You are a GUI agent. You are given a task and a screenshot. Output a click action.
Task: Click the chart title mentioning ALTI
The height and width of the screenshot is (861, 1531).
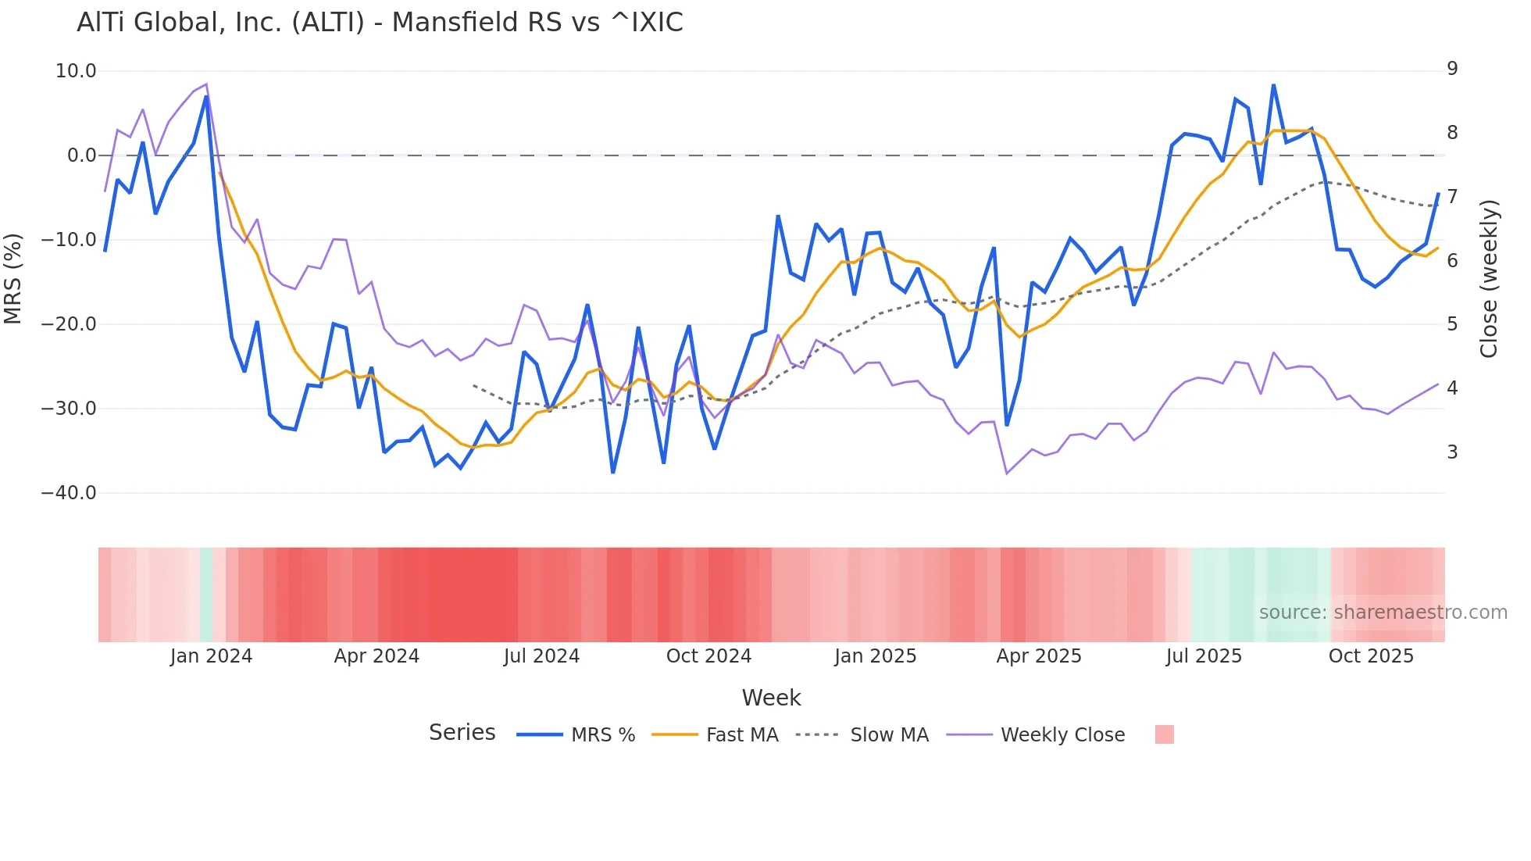pyautogui.click(x=380, y=23)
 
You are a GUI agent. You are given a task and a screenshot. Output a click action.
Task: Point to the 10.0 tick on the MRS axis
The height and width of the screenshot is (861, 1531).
pyautogui.click(x=76, y=71)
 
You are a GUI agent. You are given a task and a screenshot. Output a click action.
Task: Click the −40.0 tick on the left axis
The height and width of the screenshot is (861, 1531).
pyautogui.click(x=69, y=493)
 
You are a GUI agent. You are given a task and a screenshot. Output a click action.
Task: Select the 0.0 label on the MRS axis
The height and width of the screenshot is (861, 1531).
pyautogui.click(x=81, y=155)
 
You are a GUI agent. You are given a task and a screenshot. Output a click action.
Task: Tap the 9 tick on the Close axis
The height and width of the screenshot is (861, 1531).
pyautogui.click(x=1452, y=69)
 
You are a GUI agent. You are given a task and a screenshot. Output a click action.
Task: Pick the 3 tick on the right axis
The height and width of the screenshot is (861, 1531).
pyautogui.click(x=1452, y=452)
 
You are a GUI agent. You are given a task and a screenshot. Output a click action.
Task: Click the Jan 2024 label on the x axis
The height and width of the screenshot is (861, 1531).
pyautogui.click(x=211, y=656)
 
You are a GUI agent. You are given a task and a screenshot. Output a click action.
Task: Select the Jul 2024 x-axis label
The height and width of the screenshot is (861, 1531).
pyautogui.click(x=541, y=656)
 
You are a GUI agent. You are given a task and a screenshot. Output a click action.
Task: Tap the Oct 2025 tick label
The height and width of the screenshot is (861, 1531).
pyautogui.click(x=1371, y=656)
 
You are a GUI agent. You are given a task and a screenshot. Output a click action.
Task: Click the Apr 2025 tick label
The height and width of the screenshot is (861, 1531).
pyautogui.click(x=1039, y=656)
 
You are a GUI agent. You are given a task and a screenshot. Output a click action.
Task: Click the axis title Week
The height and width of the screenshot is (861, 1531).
pyautogui.click(x=771, y=698)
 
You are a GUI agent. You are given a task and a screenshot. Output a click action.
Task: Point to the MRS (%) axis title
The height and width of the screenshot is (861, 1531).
pyautogui.click(x=12, y=278)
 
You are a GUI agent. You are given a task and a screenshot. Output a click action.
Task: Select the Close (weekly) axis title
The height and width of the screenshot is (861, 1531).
pyautogui.click(x=1489, y=278)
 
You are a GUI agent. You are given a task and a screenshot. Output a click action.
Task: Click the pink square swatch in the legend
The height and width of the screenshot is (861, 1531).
pyautogui.click(x=1164, y=734)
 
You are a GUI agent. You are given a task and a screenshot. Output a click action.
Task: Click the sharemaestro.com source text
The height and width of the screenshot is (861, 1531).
pyautogui.click(x=1383, y=613)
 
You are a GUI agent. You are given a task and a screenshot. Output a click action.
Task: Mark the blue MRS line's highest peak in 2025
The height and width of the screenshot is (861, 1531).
pyautogui.click(x=1273, y=85)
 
